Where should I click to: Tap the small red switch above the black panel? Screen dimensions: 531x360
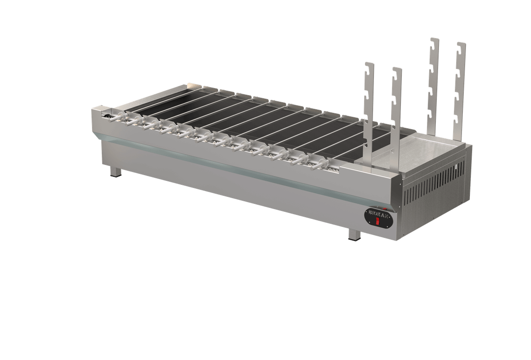point(385,209)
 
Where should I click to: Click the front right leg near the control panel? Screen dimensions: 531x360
point(354,234)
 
